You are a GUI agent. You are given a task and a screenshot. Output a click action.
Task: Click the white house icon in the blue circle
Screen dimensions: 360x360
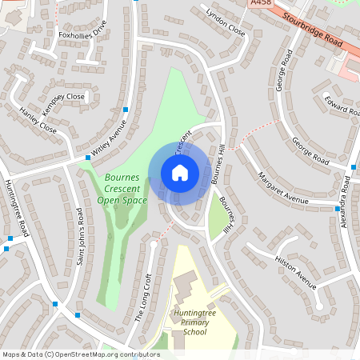point(180,173)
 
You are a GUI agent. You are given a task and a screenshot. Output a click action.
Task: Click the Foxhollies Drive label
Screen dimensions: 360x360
point(82,34)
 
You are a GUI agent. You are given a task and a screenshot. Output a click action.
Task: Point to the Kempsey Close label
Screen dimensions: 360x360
point(64,97)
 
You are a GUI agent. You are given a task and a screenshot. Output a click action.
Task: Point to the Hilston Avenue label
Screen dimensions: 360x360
point(296,268)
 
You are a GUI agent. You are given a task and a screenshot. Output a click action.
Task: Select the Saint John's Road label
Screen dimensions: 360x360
point(79,237)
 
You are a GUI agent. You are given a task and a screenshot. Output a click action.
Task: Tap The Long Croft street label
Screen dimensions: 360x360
point(143,297)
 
